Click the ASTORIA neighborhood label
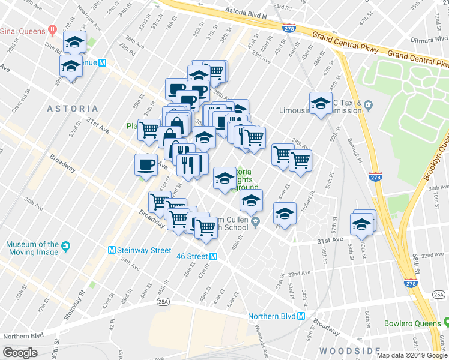[x=72, y=109]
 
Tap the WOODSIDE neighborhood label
[x=351, y=350]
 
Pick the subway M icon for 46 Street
[x=213, y=256]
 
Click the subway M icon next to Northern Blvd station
[x=302, y=316]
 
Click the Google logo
[x=20, y=353]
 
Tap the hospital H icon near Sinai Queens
[x=53, y=29]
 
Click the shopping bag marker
[x=170, y=135]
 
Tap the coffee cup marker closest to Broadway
[x=146, y=164]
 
